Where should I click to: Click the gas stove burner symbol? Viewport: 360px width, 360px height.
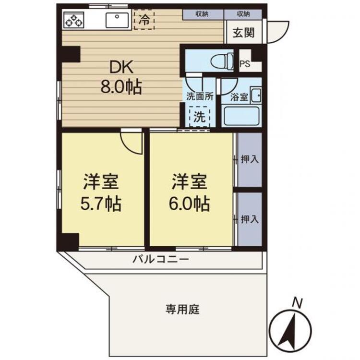tap(73, 21)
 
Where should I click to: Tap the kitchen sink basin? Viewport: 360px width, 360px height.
tap(117, 21)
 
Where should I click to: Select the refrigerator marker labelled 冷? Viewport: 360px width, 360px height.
tap(144, 20)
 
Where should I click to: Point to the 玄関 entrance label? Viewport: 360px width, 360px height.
tap(244, 33)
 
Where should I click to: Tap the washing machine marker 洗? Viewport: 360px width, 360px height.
tap(199, 116)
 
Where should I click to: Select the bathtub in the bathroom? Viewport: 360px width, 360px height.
tap(241, 116)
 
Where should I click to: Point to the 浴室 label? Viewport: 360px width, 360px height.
tap(239, 96)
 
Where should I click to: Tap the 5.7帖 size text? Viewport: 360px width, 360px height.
tap(101, 205)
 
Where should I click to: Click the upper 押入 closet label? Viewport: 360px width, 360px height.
tap(250, 159)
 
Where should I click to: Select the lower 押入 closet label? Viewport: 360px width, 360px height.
tap(250, 219)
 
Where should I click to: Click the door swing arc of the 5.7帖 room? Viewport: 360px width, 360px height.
tap(132, 142)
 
